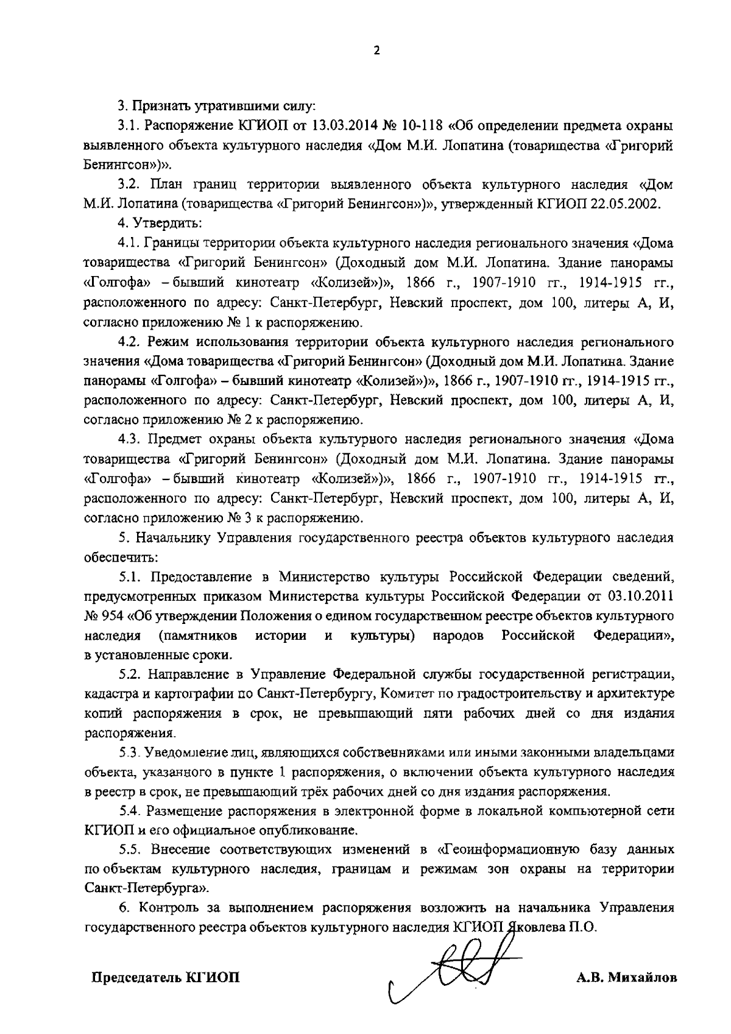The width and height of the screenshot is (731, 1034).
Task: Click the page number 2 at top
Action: pos(376,51)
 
